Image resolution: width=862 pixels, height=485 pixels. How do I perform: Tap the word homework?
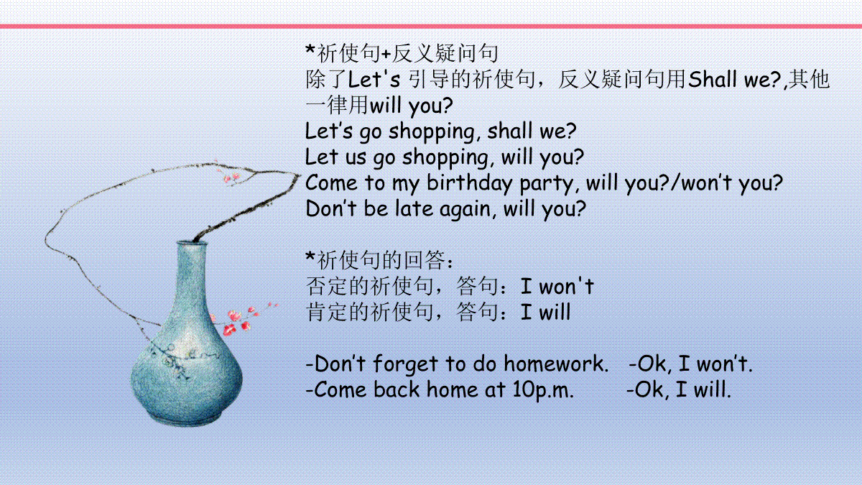point(556,364)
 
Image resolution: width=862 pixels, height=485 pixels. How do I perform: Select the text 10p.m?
point(543,390)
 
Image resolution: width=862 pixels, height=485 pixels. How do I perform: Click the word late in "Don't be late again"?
point(414,208)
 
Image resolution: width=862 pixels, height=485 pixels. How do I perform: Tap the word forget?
point(405,364)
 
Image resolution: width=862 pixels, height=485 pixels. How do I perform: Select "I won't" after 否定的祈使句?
point(557,287)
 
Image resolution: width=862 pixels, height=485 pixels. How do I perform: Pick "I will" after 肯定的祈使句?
point(545,312)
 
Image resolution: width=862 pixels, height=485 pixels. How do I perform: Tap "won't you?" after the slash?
point(733,184)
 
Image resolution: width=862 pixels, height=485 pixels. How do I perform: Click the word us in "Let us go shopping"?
point(355,158)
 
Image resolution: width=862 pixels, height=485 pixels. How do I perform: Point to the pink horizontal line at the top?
point(431,26)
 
